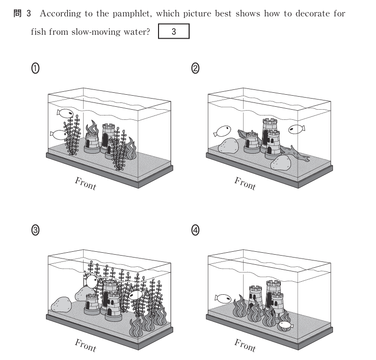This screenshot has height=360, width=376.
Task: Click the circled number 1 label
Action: (x=35, y=68)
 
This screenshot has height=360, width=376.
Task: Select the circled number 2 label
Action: (x=195, y=68)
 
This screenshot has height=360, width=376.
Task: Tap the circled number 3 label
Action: (x=35, y=230)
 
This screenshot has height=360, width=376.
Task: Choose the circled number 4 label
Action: (x=195, y=230)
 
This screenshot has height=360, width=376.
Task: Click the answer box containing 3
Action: (x=174, y=31)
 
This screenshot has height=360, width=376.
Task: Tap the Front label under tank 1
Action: (x=86, y=184)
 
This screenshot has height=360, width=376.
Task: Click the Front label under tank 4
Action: (x=245, y=346)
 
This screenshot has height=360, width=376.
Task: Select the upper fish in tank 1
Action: (x=65, y=113)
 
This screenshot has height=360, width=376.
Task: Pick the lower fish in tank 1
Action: (x=58, y=135)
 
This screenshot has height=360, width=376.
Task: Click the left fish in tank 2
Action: (x=222, y=131)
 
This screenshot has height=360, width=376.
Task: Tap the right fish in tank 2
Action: (x=297, y=130)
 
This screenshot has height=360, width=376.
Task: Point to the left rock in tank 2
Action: (x=228, y=145)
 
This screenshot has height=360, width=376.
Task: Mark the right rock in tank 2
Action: (x=281, y=163)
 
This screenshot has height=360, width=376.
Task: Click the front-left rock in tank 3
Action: (x=61, y=304)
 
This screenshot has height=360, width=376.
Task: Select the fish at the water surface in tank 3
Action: (x=91, y=281)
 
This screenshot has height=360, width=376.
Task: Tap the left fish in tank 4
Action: (x=223, y=299)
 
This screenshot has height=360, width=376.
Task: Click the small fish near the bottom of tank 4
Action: (x=285, y=325)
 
